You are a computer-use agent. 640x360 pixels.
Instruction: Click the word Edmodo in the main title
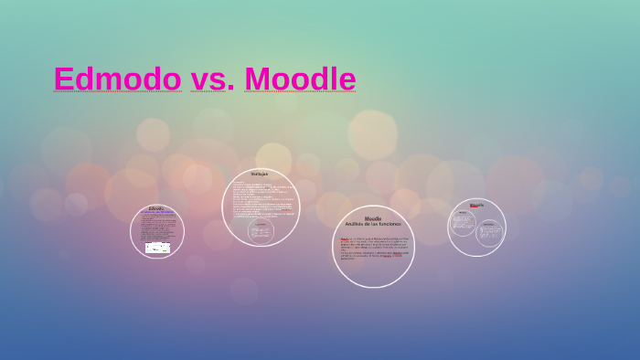pyautogui.click(x=117, y=79)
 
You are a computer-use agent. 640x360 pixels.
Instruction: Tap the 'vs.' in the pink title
pyautogui.click(x=212, y=79)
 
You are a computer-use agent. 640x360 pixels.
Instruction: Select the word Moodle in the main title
pyautogui.click(x=300, y=79)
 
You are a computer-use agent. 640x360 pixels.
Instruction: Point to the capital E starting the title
pyautogui.click(x=64, y=79)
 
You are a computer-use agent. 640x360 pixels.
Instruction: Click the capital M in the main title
pyautogui.click(x=258, y=79)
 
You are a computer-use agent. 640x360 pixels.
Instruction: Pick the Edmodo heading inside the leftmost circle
pyautogui.click(x=156, y=208)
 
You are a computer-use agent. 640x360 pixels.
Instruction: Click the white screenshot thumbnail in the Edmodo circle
pyautogui.click(x=157, y=247)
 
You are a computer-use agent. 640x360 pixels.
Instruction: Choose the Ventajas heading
pyautogui.click(x=260, y=174)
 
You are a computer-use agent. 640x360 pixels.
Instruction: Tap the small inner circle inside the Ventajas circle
pyautogui.click(x=261, y=231)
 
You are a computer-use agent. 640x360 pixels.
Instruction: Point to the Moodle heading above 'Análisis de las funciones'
pyautogui.click(x=373, y=218)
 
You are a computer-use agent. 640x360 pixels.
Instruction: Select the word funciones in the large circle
pyautogui.click(x=388, y=224)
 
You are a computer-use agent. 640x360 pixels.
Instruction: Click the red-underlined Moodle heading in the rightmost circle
pyautogui.click(x=476, y=205)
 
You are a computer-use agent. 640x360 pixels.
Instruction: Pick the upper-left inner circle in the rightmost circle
pyautogui.click(x=464, y=222)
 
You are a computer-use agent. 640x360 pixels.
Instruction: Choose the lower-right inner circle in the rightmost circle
pyautogui.click(x=490, y=235)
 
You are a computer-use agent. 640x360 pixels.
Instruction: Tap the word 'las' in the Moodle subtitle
pyautogui.click(x=374, y=224)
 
